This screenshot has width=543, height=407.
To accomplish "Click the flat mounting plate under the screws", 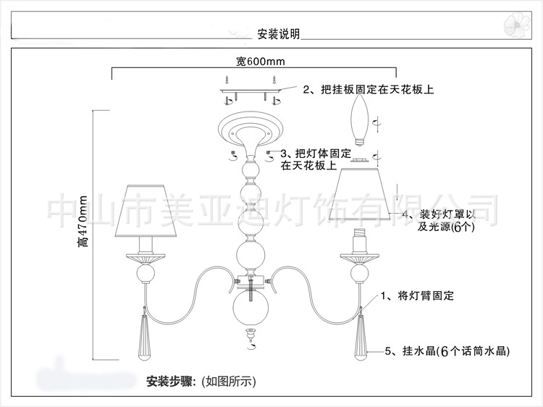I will pos(251,92).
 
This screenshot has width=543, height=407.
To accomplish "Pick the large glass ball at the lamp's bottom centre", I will pos(251,304).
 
